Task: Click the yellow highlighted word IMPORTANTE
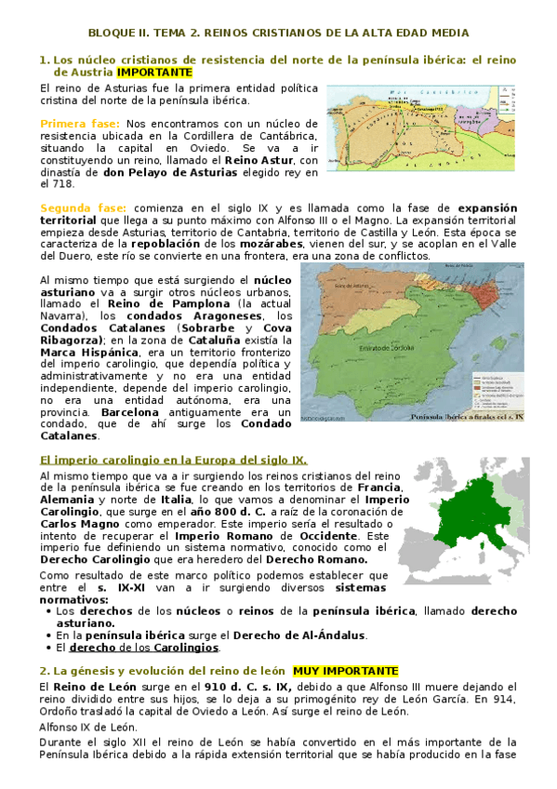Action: click(154, 72)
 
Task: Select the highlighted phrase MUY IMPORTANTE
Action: click(345, 670)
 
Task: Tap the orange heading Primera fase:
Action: click(79, 123)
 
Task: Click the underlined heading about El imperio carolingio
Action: click(173, 460)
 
